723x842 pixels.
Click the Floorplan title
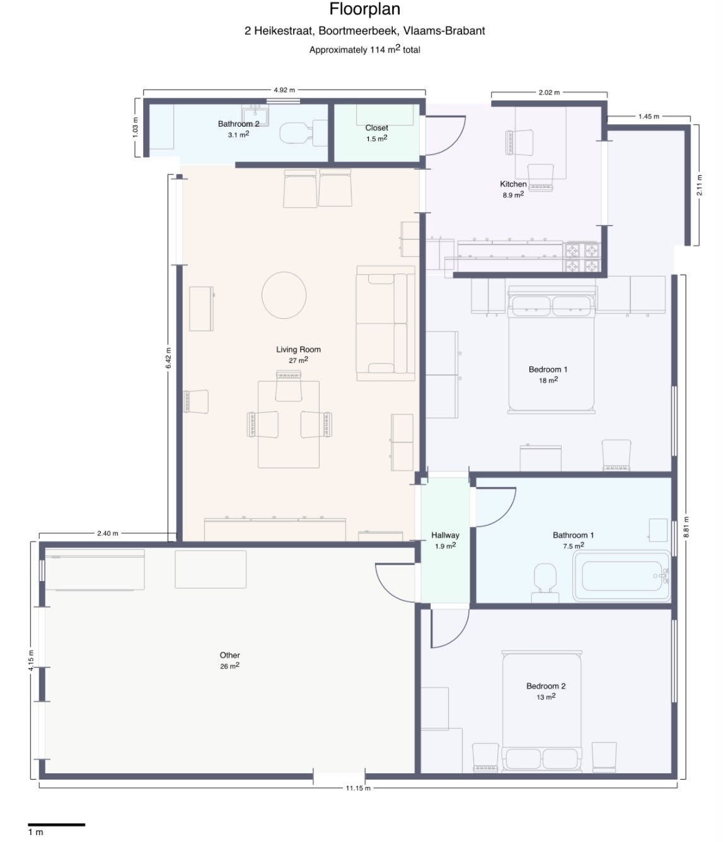[x=364, y=9]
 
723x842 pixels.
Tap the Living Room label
[x=298, y=349]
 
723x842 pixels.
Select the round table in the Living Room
[x=284, y=295]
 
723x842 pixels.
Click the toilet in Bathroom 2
[x=303, y=132]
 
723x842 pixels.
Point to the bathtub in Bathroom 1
[x=621, y=575]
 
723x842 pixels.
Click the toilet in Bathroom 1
[x=545, y=582]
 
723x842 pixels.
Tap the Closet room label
[x=376, y=128]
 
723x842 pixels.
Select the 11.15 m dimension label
[x=358, y=799]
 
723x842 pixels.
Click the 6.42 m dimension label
[x=168, y=357]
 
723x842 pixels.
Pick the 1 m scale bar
[x=57, y=824]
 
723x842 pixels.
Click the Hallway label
[x=445, y=535]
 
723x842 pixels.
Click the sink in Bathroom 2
[x=255, y=116]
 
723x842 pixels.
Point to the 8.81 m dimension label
[x=686, y=527]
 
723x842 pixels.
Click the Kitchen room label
[x=513, y=184]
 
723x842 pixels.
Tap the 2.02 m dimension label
[x=549, y=93]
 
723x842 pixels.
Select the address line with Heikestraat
[x=364, y=31]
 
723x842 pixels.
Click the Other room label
[x=229, y=655]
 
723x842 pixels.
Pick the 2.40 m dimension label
[x=108, y=533]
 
